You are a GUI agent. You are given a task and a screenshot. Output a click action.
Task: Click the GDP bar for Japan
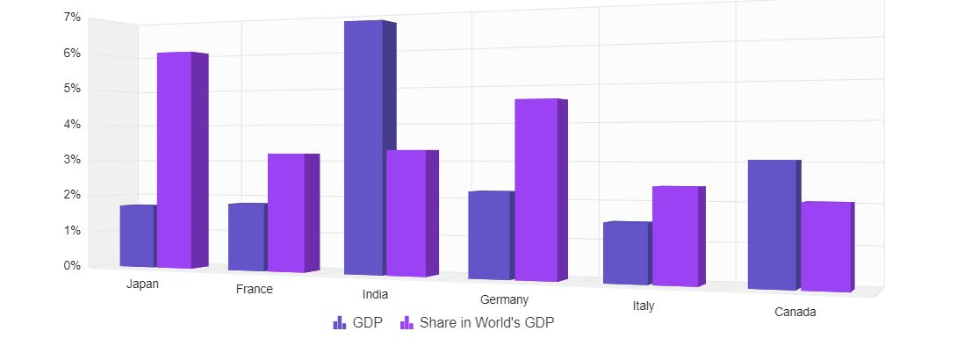click(137, 235)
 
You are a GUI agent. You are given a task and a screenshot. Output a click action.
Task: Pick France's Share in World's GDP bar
click(286, 212)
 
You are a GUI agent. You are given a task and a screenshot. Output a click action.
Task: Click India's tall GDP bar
click(363, 148)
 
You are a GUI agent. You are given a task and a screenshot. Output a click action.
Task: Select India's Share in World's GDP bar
click(406, 212)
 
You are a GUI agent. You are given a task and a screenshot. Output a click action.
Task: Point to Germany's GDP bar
click(489, 234)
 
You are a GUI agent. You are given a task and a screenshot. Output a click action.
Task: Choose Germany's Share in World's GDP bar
click(536, 190)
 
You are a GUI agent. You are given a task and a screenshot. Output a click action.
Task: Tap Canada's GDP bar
click(772, 224)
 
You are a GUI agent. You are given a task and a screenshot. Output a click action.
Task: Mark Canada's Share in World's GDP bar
click(825, 246)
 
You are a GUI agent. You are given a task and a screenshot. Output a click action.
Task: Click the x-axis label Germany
click(504, 300)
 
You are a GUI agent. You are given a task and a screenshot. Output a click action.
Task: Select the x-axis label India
click(375, 294)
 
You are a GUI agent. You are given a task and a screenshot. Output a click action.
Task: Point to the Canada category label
click(795, 313)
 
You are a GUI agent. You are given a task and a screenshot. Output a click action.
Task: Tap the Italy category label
click(644, 306)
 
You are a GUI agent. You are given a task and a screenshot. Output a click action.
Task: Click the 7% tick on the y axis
click(72, 18)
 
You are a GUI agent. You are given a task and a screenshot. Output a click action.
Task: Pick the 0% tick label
click(72, 265)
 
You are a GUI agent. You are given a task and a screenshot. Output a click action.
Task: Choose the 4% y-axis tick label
click(72, 125)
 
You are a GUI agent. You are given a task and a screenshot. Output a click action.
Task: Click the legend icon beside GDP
click(340, 323)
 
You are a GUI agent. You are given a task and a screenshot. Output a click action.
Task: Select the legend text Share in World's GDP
click(486, 323)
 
